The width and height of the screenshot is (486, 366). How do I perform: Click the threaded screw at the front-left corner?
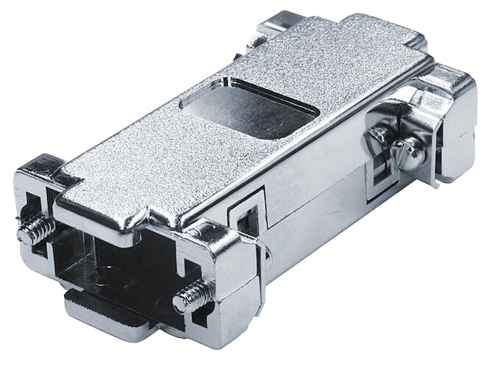pos(35,229)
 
